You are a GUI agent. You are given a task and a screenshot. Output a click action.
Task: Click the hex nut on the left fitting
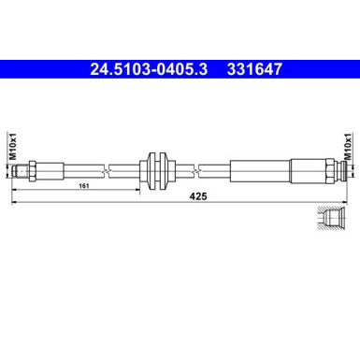[34, 169]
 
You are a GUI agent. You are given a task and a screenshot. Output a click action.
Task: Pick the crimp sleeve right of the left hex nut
[52, 169]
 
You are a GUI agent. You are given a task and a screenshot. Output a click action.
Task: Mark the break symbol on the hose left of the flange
[109, 169]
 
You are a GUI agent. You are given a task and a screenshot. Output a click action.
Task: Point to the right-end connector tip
[347, 169]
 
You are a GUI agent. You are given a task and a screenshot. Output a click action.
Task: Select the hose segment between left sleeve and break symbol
[86, 169]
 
